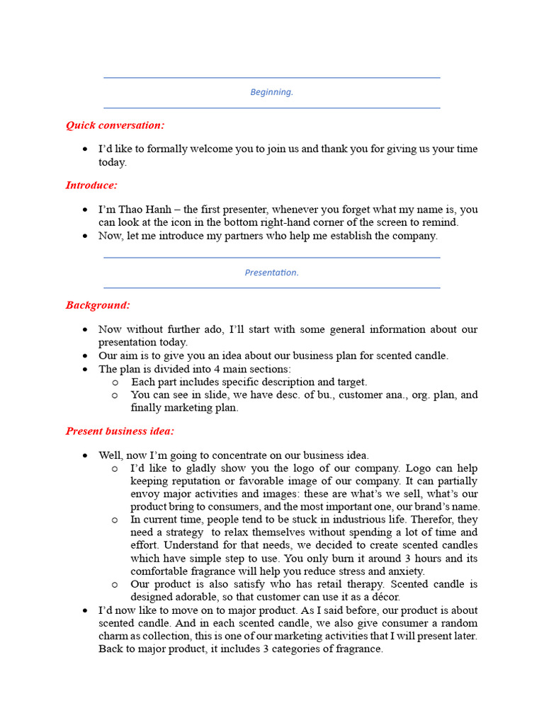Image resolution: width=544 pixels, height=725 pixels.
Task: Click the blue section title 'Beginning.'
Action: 271,92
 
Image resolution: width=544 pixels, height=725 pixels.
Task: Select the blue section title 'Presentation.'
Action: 271,273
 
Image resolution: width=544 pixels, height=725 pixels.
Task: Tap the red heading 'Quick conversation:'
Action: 115,125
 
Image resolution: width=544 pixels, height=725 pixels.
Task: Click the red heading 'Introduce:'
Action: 91,185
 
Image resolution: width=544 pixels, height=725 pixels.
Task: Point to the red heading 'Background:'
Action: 98,305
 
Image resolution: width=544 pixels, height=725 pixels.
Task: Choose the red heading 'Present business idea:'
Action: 120,431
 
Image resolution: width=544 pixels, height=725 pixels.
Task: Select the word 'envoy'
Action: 144,494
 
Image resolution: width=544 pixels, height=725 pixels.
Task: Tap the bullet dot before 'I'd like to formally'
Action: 85,149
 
